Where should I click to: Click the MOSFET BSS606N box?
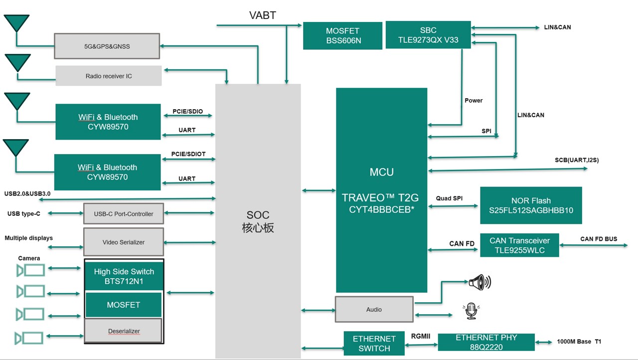pos(342,35)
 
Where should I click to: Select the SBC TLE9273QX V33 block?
pos(428,35)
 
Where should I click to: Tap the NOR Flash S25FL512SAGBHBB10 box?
pos(531,205)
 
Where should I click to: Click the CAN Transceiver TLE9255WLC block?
pos(519,245)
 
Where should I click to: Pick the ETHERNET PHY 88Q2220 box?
pos(486,342)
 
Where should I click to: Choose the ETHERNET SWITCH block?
pos(374,343)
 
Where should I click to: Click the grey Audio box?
pos(374,309)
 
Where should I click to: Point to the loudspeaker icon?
pos(480,282)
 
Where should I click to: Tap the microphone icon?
pos(471,311)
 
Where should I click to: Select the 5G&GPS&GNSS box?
pos(107,46)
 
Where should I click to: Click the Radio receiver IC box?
pos(109,76)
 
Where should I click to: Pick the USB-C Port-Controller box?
pos(123,213)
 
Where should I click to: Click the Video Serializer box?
pos(123,242)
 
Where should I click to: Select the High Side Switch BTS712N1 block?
pos(124,276)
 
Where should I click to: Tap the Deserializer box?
pos(124,331)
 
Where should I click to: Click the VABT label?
pos(262,15)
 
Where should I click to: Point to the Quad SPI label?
pos(449,198)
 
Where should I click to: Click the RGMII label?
pos(420,336)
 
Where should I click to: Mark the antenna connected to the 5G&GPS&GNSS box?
pos(16,23)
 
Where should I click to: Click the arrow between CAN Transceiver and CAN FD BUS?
pos(593,245)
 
